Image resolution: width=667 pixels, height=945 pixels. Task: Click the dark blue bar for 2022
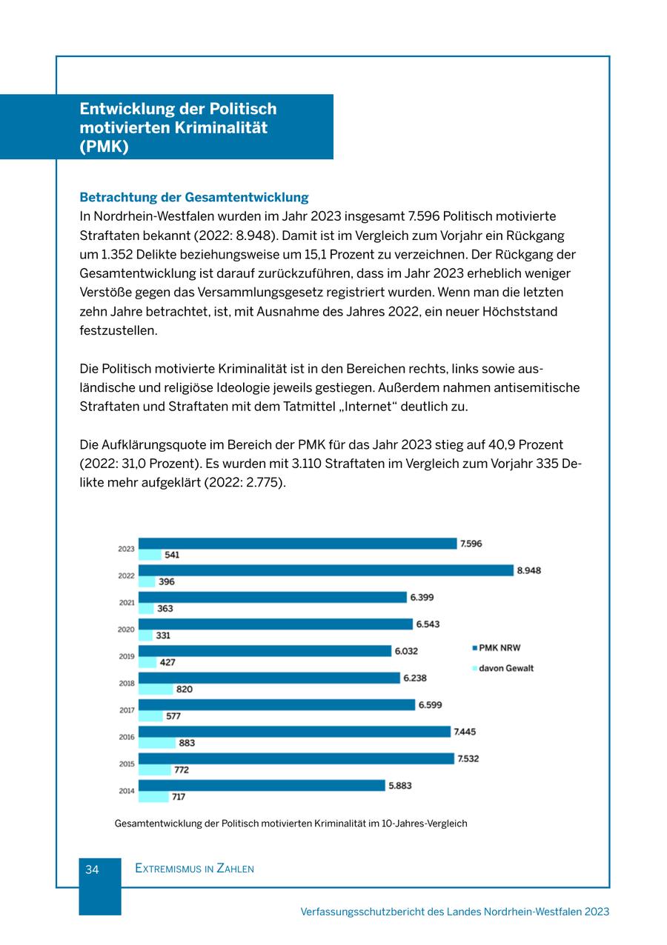tap(326, 570)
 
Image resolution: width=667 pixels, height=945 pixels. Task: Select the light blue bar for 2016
tap(157, 743)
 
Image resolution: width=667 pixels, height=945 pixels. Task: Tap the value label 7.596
tap(471, 544)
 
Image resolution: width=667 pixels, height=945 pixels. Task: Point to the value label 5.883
tap(400, 786)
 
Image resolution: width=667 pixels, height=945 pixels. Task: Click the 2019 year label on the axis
tap(127, 656)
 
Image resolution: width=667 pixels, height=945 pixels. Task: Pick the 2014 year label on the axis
tap(127, 791)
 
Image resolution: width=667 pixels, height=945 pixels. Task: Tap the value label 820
tap(185, 689)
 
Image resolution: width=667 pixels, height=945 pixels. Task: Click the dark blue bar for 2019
tap(265, 651)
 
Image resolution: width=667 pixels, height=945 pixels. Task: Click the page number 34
tap(92, 869)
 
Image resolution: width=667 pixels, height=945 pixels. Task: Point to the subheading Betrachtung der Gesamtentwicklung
tap(194, 198)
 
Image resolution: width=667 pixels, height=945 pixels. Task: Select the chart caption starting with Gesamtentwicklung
tap(291, 823)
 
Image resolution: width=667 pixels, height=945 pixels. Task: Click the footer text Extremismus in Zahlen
tap(194, 869)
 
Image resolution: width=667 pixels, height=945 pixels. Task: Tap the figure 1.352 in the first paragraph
tap(116, 255)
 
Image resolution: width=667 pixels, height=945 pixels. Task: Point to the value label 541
tap(172, 555)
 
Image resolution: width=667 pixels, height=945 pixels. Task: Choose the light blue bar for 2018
tap(156, 689)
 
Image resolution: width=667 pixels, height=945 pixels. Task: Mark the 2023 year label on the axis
tap(127, 549)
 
